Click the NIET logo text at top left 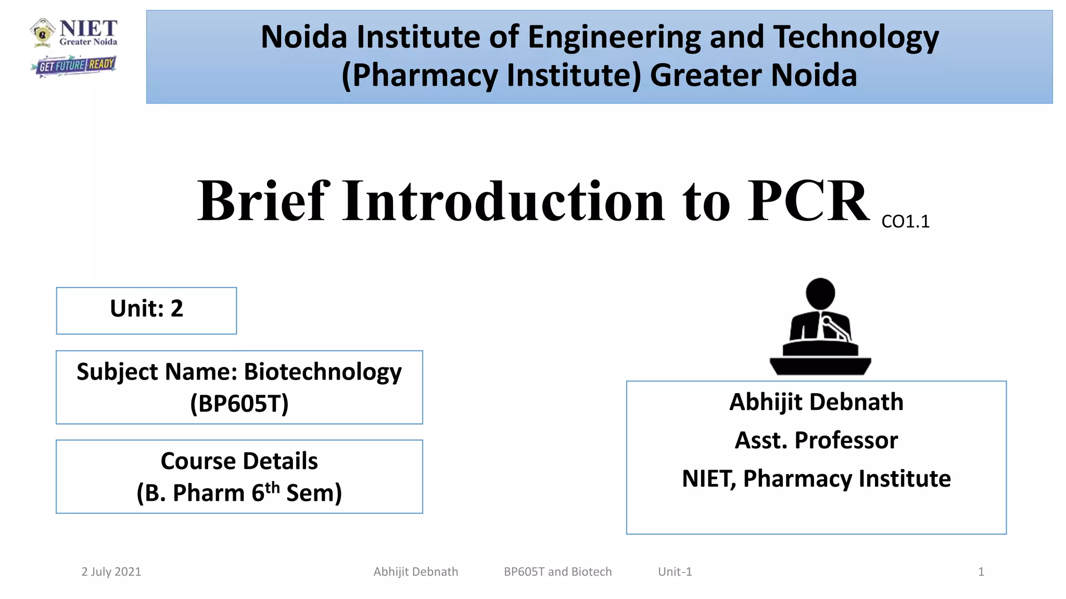[x=88, y=29]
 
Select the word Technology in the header [x=856, y=37]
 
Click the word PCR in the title [x=808, y=201]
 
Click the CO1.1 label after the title [x=905, y=222]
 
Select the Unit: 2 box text [x=146, y=309]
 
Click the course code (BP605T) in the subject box [x=239, y=403]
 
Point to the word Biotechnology [x=323, y=372]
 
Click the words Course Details [x=239, y=461]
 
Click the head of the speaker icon [x=820, y=293]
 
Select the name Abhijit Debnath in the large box [x=816, y=402]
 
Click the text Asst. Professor [x=816, y=440]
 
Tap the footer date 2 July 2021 [x=111, y=572]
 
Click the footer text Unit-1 [x=675, y=572]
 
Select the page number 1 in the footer [x=981, y=572]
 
